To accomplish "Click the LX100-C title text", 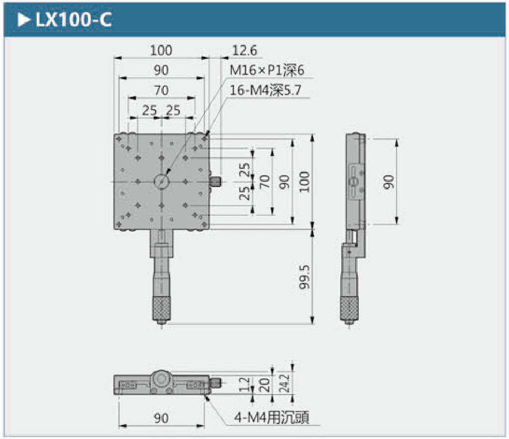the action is click(74, 20).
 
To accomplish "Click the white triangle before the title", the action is click(24, 20).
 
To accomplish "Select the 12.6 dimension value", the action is click(245, 50).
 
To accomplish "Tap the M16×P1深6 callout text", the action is click(267, 70).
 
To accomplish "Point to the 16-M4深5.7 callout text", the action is click(266, 90).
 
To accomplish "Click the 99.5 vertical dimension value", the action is click(305, 277).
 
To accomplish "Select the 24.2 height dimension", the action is click(285, 383).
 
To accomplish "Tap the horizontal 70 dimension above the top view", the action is click(161, 90).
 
